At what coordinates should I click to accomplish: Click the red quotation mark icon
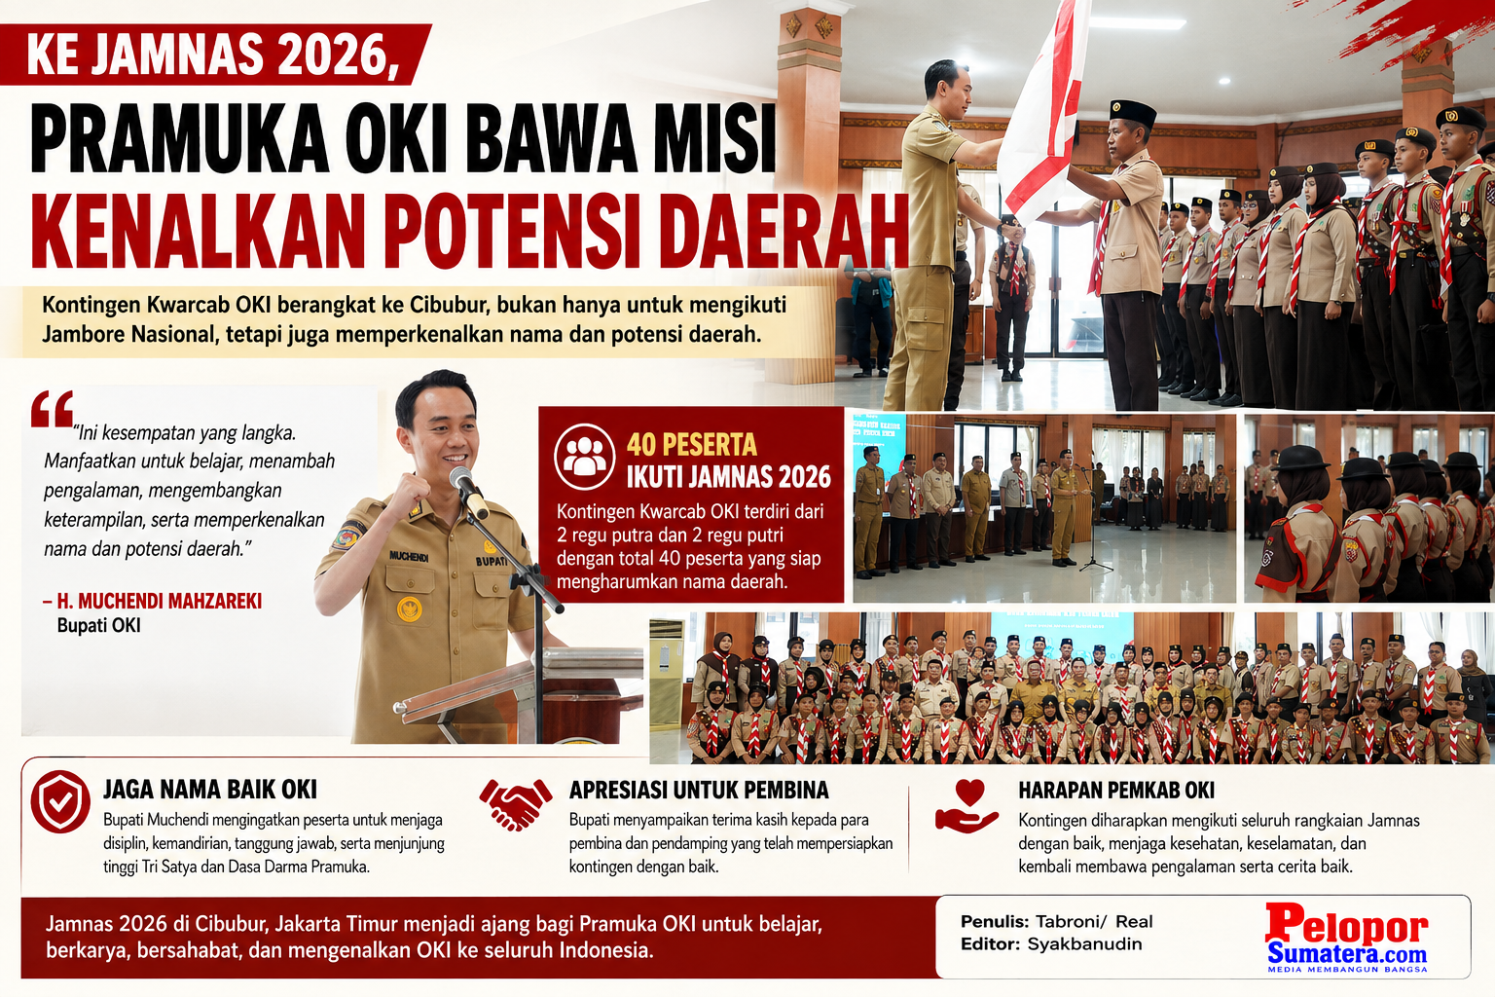pos(52,409)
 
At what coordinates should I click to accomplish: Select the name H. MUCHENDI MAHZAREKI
pos(160,601)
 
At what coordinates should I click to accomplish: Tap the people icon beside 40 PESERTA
pos(584,456)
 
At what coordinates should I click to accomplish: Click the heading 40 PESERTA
pos(692,444)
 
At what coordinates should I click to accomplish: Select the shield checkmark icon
pos(60,801)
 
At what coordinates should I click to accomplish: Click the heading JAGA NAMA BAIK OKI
pos(210,790)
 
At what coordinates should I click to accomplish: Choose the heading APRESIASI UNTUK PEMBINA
pos(699,790)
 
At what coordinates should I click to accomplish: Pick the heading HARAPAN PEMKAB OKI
pos(1116,790)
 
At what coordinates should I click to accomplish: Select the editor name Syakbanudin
pos(1084,944)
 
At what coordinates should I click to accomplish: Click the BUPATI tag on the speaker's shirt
pos(492,562)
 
